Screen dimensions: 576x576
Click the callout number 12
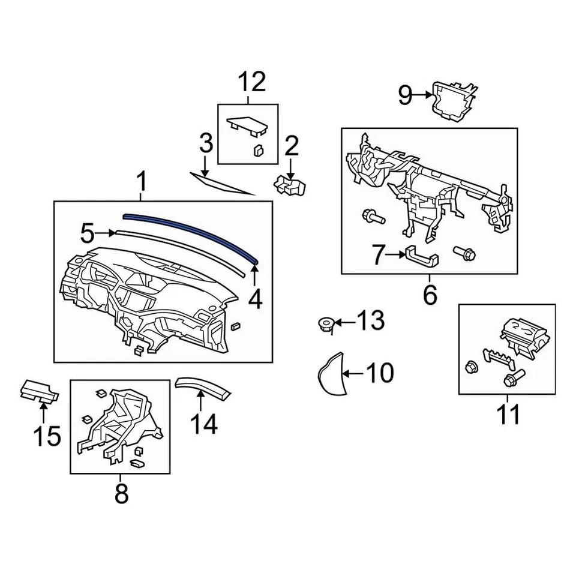pyautogui.click(x=252, y=82)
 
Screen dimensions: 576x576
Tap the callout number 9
pyautogui.click(x=406, y=94)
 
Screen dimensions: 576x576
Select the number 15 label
pyautogui.click(x=46, y=436)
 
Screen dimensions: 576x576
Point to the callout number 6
pyautogui.click(x=430, y=295)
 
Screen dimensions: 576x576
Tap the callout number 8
pyautogui.click(x=121, y=494)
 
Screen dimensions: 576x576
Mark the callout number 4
pyautogui.click(x=255, y=299)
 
